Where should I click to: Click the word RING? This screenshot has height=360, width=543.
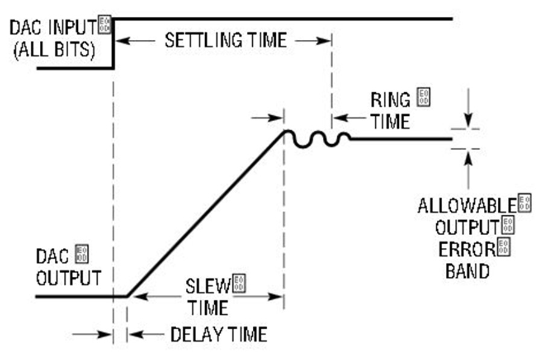tap(390, 100)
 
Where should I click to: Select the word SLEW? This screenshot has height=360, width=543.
tap(208, 286)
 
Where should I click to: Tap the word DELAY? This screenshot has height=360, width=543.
tap(195, 335)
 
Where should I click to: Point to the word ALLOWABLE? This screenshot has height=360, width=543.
tap(467, 206)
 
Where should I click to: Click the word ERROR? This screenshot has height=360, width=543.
tap(467, 249)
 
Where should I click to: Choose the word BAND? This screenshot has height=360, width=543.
tap(467, 271)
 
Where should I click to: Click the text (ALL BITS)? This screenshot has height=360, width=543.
tap(54, 50)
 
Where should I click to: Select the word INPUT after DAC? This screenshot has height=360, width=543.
tap(73, 27)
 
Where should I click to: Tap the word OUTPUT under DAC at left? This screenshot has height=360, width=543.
tap(69, 278)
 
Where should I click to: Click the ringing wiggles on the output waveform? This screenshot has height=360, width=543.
tap(317, 139)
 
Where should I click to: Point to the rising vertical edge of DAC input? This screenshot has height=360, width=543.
tap(113, 43)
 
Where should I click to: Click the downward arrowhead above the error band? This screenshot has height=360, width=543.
tap(468, 122)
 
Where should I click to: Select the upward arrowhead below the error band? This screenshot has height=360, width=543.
tap(468, 157)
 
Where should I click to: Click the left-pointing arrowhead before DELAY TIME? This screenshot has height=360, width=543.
tap(134, 335)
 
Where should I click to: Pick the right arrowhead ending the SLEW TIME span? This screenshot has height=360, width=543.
tap(276, 297)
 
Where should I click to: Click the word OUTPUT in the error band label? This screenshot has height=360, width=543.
tap(467, 228)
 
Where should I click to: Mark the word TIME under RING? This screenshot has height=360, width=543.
tap(390, 121)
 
